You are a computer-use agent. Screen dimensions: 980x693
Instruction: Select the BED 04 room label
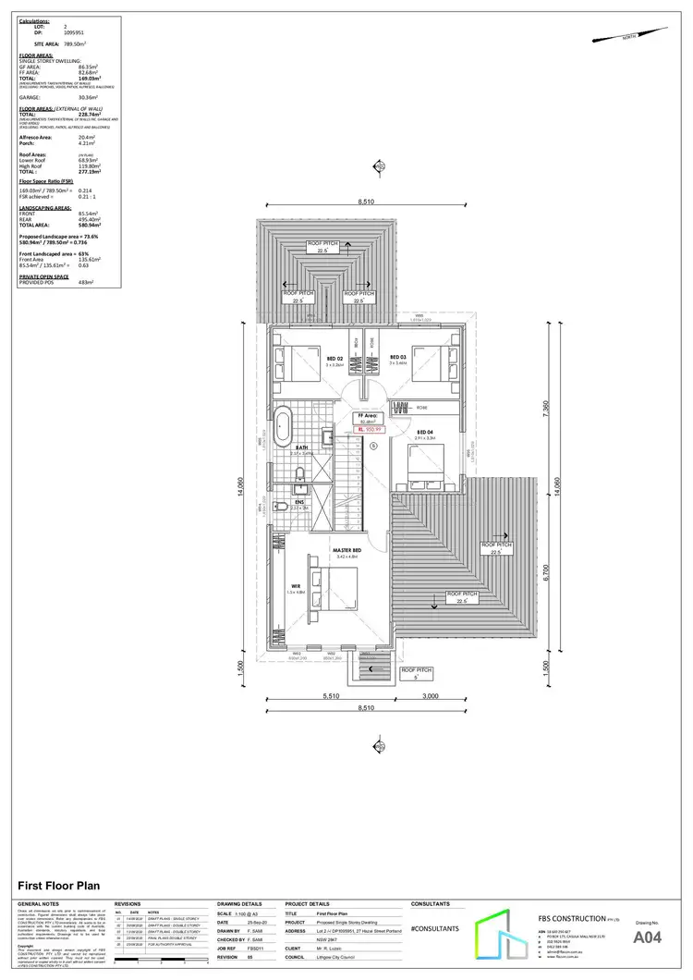425,433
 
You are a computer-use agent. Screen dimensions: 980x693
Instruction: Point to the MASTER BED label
346,550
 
